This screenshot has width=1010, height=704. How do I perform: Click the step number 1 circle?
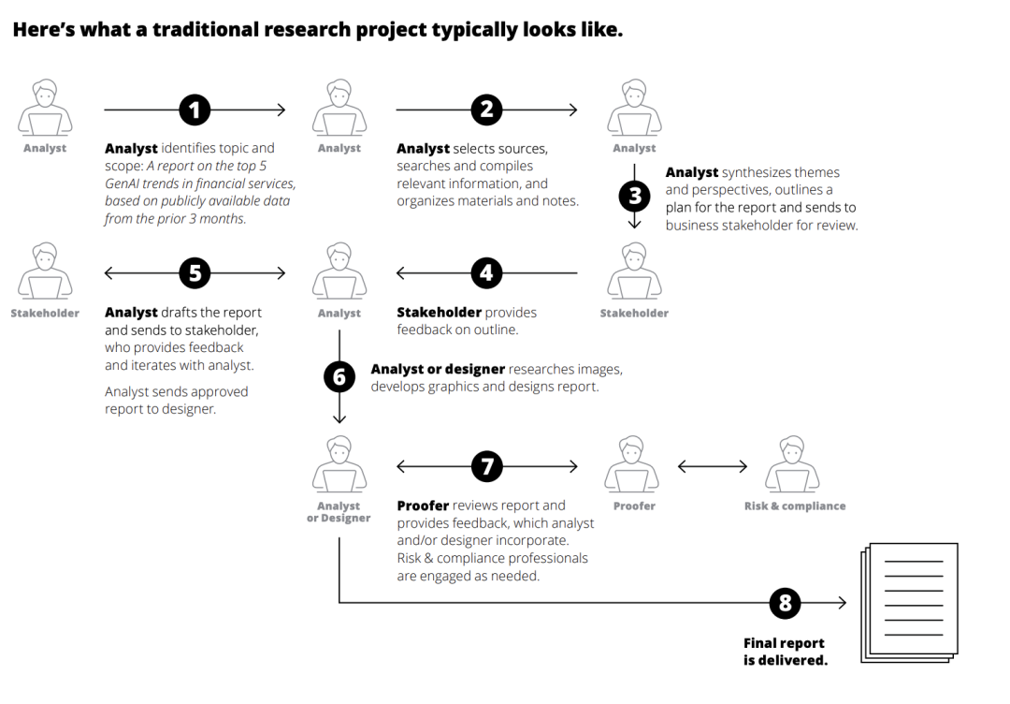click(195, 110)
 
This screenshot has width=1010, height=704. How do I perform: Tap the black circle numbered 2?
click(486, 110)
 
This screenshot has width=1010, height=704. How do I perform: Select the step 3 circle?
click(634, 196)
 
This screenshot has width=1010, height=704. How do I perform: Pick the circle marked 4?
click(486, 272)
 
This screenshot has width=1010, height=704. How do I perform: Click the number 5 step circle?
click(195, 272)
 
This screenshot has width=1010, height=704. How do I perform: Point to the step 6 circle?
click(339, 376)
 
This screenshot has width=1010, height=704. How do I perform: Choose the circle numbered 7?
click(487, 465)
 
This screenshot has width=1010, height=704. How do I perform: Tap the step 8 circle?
click(785, 603)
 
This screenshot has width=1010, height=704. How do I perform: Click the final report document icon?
click(910, 603)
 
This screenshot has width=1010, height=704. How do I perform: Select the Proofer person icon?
click(631, 464)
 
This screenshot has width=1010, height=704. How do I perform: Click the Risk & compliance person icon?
click(792, 464)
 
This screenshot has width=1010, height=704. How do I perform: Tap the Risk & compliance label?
click(795, 506)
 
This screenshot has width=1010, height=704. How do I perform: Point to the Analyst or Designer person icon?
click(339, 464)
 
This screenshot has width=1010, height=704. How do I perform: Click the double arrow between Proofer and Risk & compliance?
click(713, 466)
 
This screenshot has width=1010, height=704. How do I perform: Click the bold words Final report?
click(784, 643)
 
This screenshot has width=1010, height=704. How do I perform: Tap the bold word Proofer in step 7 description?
click(423, 506)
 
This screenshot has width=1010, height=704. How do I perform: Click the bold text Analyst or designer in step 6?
click(438, 369)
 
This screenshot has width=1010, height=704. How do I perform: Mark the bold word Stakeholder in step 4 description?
click(440, 312)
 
